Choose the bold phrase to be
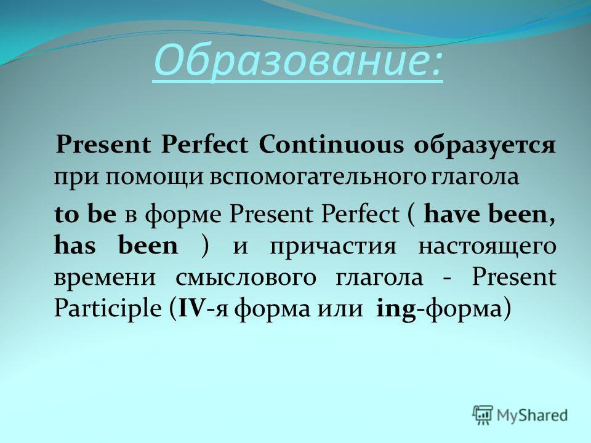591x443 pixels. pos(85,214)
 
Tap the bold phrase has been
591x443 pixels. pos(116,245)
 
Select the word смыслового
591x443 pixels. pos(246,277)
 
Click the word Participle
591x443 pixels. pos(108,309)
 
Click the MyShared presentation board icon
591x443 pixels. pos(483,415)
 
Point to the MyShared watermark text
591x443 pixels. pos(532,415)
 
